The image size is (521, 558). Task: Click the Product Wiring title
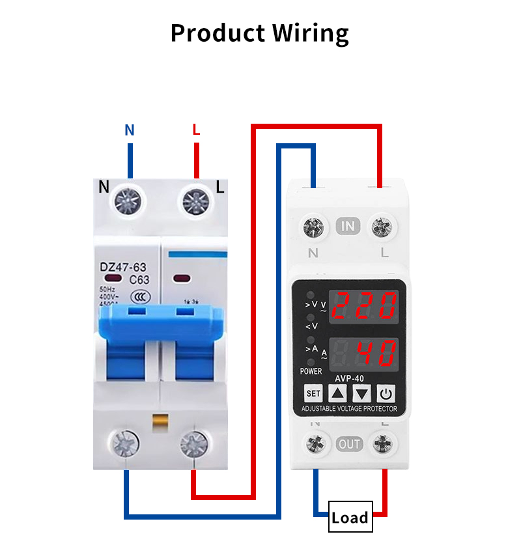[260, 33]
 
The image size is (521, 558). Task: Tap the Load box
[350, 517]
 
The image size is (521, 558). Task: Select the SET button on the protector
[313, 393]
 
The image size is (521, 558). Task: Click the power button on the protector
[386, 393]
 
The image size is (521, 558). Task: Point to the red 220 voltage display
[364, 305]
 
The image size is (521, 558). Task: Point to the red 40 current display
[364, 354]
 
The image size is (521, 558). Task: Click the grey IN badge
[349, 226]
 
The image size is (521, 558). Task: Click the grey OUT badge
[350, 444]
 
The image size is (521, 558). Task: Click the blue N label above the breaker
[130, 130]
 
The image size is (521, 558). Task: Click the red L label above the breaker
[196, 130]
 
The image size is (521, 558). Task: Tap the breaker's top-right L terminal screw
[195, 201]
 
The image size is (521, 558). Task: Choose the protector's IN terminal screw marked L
[381, 227]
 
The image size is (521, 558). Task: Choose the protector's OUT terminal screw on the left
[316, 444]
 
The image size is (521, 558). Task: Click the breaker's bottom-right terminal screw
[193, 445]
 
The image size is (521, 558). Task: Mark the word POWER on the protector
[311, 371]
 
